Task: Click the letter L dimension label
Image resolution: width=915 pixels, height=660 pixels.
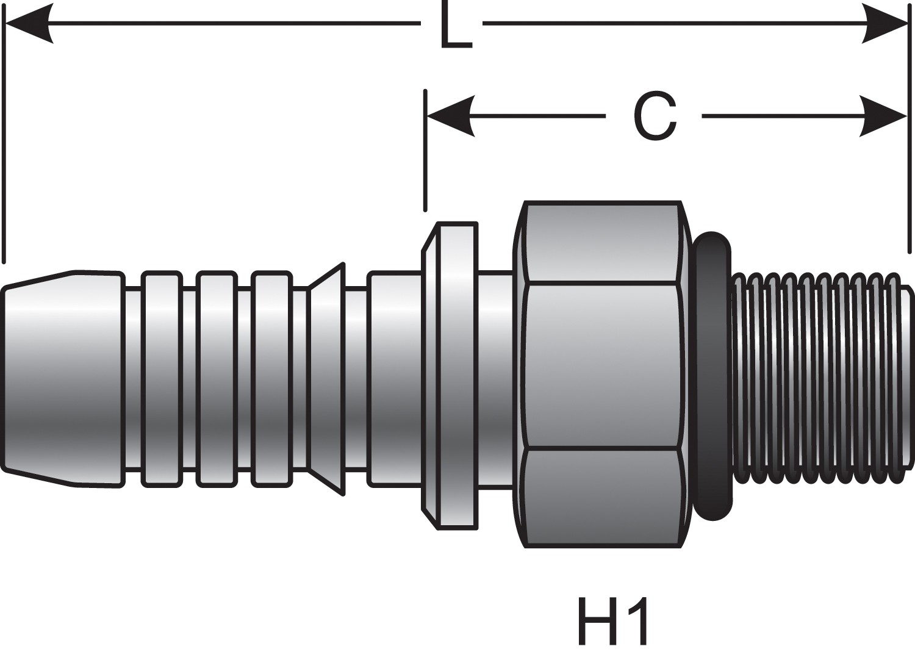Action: (x=455, y=27)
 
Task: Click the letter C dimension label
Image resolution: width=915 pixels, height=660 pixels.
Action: (x=655, y=117)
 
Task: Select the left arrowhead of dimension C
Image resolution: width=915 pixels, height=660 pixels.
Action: (x=450, y=117)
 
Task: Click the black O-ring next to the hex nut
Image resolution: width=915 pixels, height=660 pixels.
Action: (x=712, y=375)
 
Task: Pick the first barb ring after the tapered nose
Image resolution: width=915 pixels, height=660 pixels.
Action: (x=162, y=378)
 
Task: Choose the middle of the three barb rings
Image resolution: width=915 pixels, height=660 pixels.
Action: (x=217, y=378)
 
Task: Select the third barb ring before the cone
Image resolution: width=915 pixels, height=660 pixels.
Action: (x=271, y=378)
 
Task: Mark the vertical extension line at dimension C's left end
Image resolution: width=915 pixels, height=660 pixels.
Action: (x=425, y=152)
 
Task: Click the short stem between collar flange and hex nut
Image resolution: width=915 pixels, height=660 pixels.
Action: (x=495, y=378)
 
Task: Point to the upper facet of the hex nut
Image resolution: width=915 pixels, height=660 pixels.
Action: (x=602, y=242)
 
